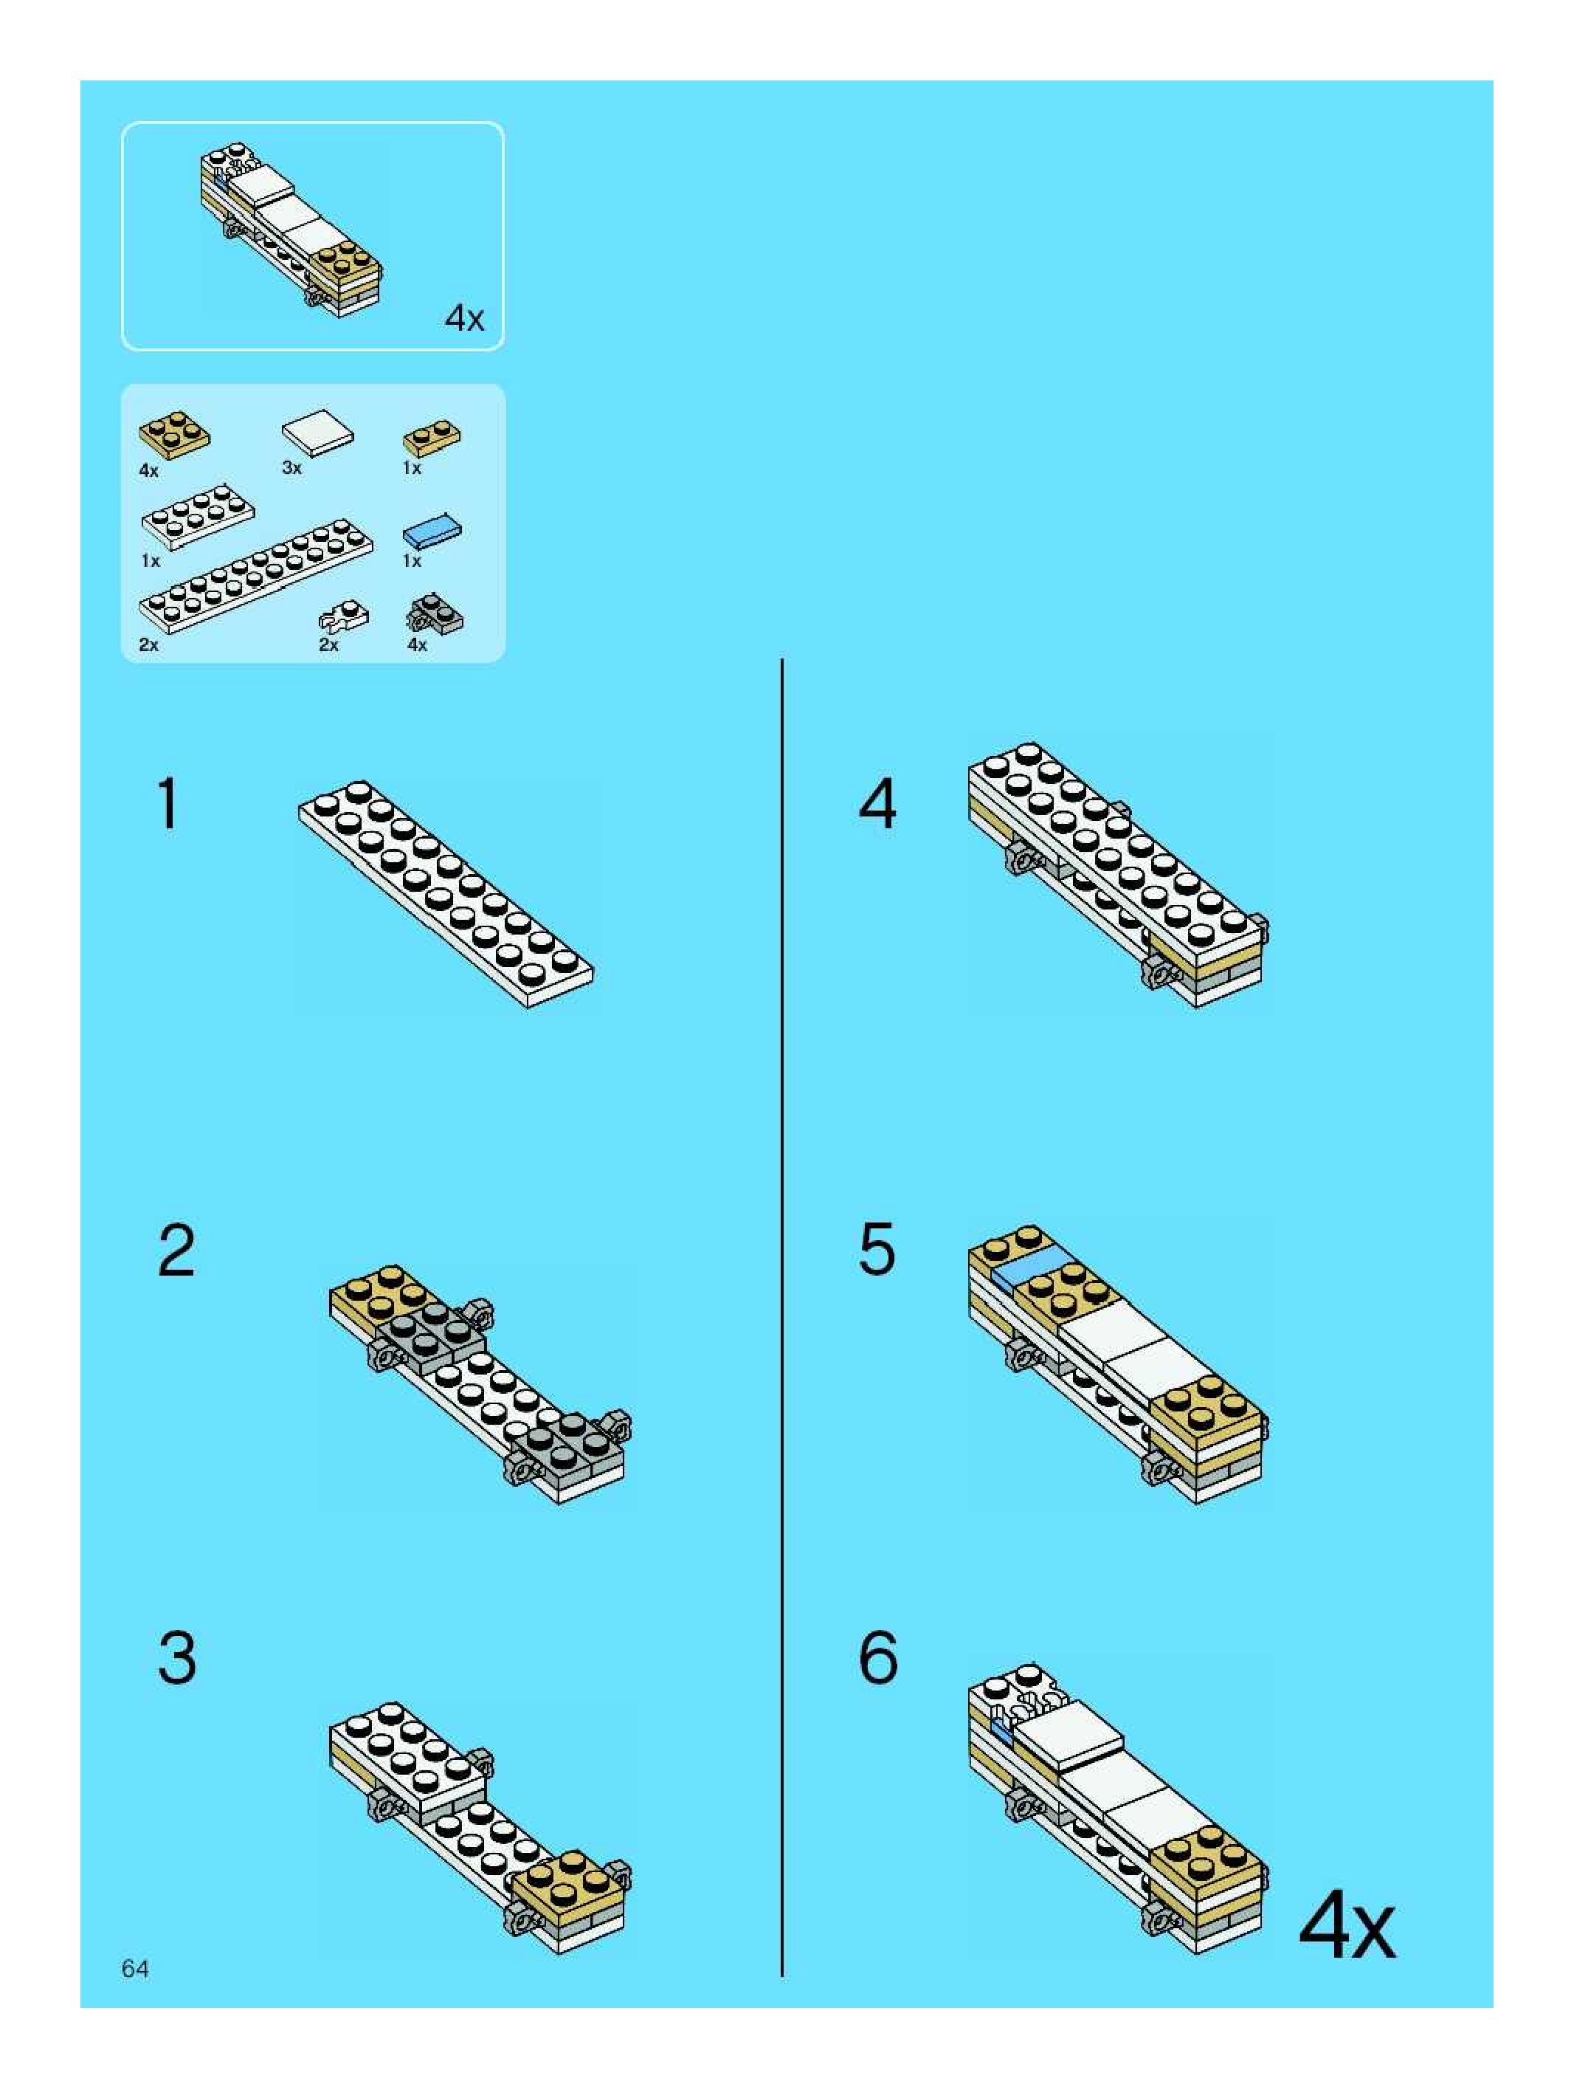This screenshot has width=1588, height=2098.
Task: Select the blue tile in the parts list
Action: point(432,532)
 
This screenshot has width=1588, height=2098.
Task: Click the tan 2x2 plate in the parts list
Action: point(174,436)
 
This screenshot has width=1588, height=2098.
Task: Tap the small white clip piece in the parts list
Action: point(342,616)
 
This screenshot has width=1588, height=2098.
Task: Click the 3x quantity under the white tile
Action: point(292,467)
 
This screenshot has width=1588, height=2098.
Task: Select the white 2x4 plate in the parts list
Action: point(197,519)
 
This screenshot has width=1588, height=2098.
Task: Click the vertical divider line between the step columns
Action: point(782,1318)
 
